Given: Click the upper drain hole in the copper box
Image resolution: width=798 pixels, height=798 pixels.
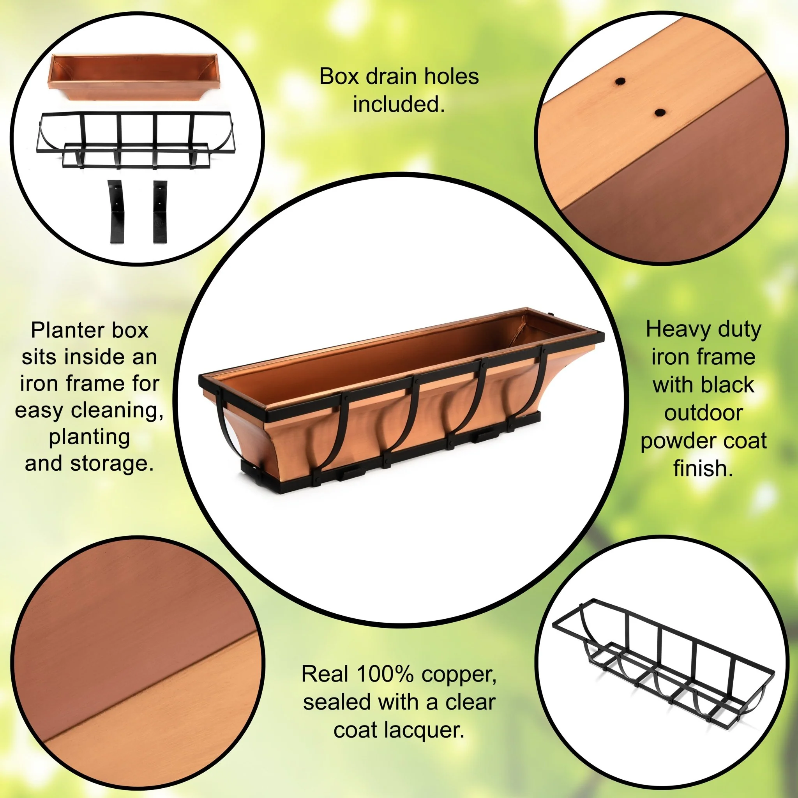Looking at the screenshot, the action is pyautogui.click(x=619, y=81).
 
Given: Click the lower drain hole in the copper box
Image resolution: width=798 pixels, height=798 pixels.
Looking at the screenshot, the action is pyautogui.click(x=660, y=112).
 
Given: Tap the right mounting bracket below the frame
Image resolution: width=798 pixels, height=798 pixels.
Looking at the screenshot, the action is pyautogui.click(x=160, y=211).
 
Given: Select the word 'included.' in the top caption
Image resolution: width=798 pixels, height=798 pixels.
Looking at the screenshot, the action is pyautogui.click(x=399, y=104).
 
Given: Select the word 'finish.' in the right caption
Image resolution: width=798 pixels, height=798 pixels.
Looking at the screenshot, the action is pyautogui.click(x=703, y=468).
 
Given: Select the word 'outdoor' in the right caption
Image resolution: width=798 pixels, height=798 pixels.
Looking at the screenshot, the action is pyautogui.click(x=703, y=413).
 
